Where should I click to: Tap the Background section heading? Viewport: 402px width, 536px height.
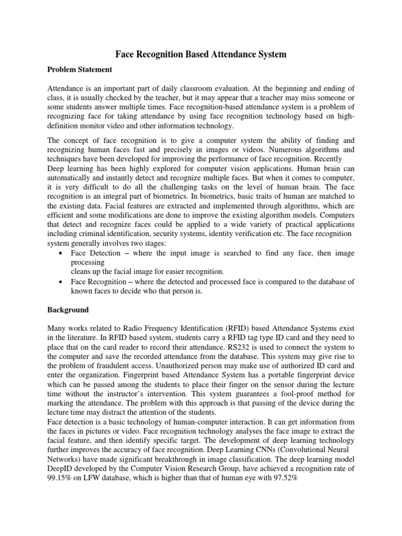[68, 310]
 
